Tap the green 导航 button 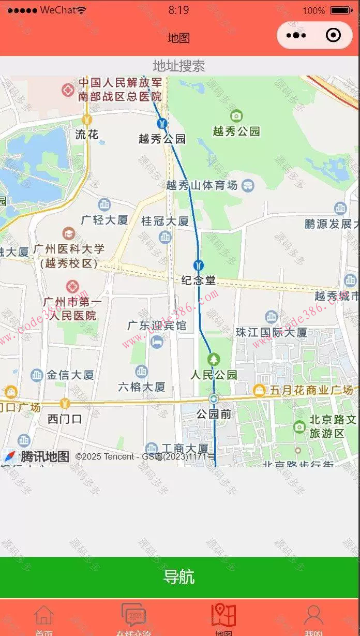pyautogui.click(x=179, y=576)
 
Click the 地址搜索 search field pyautogui.click(x=179, y=66)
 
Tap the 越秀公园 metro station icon pyautogui.click(x=162, y=124)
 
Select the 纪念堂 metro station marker pyautogui.click(x=198, y=265)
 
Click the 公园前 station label pyautogui.click(x=214, y=414)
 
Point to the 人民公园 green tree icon pyautogui.click(x=214, y=359)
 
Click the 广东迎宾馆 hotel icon pyautogui.click(x=156, y=342)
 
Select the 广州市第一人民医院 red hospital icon pyautogui.click(x=72, y=286)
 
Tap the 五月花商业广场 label pyautogui.click(x=311, y=390)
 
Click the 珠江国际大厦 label pyautogui.click(x=271, y=332)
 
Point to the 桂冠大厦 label pyautogui.click(x=166, y=221)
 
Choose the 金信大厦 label pyautogui.click(x=70, y=375)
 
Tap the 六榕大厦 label pyautogui.click(x=142, y=387)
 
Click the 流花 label pyautogui.click(x=87, y=135)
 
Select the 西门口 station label pyautogui.click(x=65, y=419)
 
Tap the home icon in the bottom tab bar pyautogui.click(x=44, y=615)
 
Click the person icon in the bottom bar pyautogui.click(x=313, y=615)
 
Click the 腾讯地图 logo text pyautogui.click(x=44, y=456)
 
